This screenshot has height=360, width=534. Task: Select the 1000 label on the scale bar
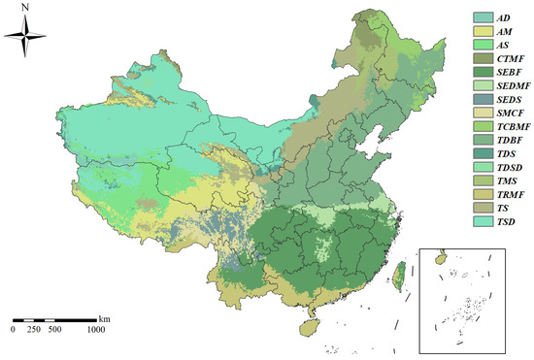(x=95, y=330)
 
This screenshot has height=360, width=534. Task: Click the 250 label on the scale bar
(x=34, y=330)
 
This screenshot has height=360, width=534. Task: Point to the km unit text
(x=104, y=317)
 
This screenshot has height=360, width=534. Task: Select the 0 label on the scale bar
(x=14, y=330)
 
